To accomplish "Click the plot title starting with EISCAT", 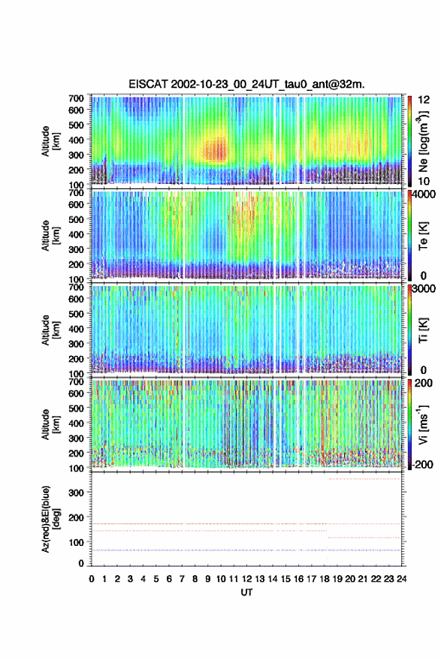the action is click(246, 84).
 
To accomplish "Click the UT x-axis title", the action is click(246, 592).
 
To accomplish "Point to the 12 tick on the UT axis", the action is click(247, 579).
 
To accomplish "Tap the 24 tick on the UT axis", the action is click(402, 579).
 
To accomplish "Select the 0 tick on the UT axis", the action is click(92, 579).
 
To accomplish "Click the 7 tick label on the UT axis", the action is click(182, 579).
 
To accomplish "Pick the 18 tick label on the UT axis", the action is click(325, 579).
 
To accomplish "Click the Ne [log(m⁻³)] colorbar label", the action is click(423, 141).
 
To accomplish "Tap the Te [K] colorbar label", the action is click(423, 236).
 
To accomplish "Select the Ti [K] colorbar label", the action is click(423, 330).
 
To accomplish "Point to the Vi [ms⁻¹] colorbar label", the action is click(423, 424).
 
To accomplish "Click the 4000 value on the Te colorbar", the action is click(424, 195).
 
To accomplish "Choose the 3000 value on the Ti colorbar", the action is click(424, 289).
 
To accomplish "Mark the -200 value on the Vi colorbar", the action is click(422, 464).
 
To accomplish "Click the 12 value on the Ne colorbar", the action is click(424, 100).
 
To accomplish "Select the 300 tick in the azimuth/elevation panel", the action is click(76, 493).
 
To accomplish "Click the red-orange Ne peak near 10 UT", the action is click(216, 149).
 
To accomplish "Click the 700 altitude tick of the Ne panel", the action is click(76, 98).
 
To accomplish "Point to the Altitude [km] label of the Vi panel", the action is click(50, 424).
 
